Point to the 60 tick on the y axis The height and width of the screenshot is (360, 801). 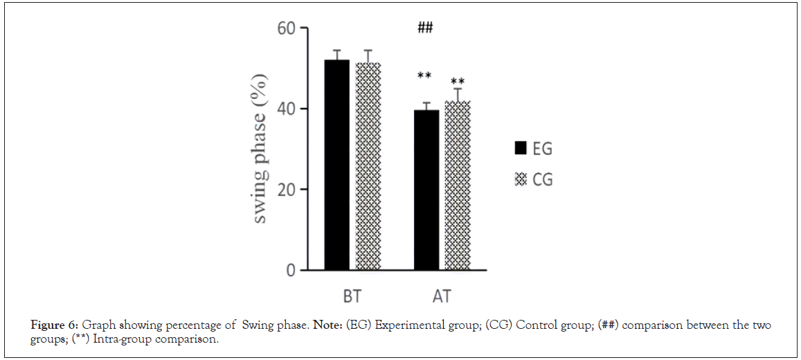(286, 29)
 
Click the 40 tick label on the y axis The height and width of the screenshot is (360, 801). (286, 109)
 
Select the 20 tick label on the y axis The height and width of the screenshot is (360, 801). (286, 190)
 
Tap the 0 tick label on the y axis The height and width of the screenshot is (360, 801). (291, 270)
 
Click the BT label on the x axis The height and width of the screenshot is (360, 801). (352, 297)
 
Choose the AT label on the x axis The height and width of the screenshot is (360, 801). (442, 297)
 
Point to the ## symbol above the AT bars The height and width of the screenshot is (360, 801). (425, 28)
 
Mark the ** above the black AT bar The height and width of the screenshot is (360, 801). (425, 76)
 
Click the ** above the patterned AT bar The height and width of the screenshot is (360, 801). (458, 82)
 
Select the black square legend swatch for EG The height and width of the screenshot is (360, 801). (521, 148)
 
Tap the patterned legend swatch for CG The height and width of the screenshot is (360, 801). (521, 180)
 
